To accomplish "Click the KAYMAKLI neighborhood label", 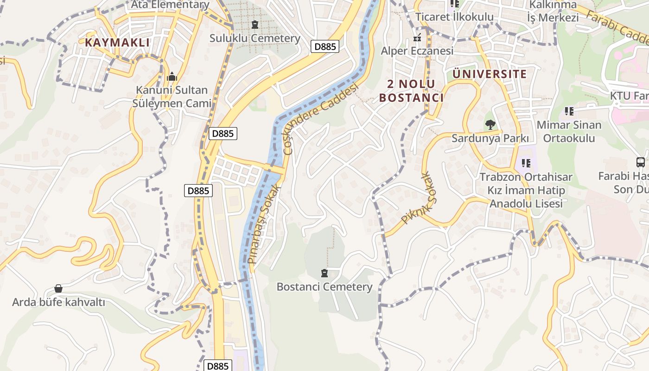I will [x=117, y=43].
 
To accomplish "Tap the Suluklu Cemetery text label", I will [x=255, y=38].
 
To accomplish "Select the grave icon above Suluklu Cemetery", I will [x=254, y=24].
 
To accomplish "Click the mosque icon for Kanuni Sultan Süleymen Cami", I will [x=172, y=76].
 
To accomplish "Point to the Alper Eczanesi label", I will [x=417, y=51].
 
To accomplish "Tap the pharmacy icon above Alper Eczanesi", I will [x=417, y=37].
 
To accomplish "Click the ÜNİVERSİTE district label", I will [x=490, y=74].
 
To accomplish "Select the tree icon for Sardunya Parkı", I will [x=490, y=124].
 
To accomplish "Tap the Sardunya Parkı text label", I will [x=490, y=138].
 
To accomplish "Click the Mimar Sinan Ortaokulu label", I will [x=569, y=132].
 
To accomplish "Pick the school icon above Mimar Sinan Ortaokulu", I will [x=569, y=111].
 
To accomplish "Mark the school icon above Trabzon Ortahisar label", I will [x=526, y=163].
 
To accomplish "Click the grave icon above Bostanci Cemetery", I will [x=324, y=273].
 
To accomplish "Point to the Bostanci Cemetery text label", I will [x=324, y=287].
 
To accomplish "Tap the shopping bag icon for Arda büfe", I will [x=58, y=288].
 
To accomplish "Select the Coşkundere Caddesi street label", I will [x=321, y=119].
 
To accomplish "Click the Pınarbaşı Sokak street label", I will [x=264, y=224].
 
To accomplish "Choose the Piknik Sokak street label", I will [x=419, y=198].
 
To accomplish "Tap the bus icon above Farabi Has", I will [x=640, y=162].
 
